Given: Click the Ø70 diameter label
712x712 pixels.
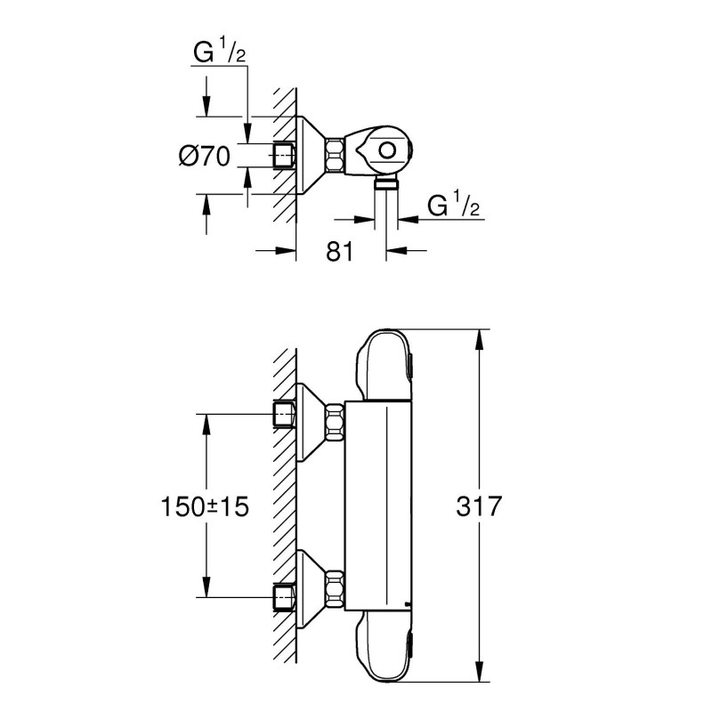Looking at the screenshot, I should (x=205, y=158).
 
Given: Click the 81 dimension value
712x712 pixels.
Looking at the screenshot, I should (x=340, y=252).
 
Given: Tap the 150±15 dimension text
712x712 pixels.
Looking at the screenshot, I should (x=205, y=507).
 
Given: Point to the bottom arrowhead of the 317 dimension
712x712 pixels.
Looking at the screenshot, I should (x=481, y=680).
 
